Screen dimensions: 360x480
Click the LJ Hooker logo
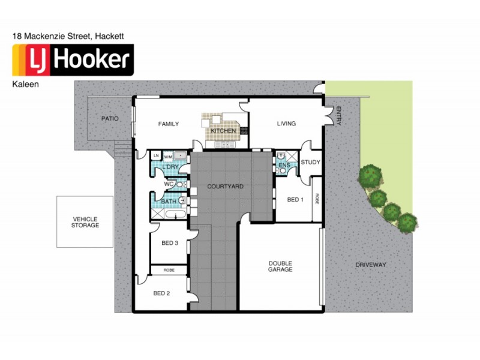click(73, 59)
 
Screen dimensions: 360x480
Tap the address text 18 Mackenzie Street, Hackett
click(68, 36)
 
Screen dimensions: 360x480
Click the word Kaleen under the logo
click(25, 85)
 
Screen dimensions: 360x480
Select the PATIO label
click(109, 119)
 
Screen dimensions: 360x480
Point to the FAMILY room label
click(169, 124)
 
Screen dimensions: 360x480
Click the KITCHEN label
click(223, 131)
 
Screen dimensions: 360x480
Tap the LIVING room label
click(286, 124)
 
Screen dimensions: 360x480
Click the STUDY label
click(310, 162)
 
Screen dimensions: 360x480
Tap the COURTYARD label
click(225, 187)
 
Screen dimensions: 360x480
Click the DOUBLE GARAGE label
click(280, 266)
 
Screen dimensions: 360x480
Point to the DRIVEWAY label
click(370, 265)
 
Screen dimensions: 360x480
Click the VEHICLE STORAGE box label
click(85, 222)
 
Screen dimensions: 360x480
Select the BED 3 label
click(170, 243)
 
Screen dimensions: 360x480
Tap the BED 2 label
click(161, 293)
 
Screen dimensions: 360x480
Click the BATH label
click(169, 202)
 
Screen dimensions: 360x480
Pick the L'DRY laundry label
click(170, 167)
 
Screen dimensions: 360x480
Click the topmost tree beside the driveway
click(370, 176)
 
